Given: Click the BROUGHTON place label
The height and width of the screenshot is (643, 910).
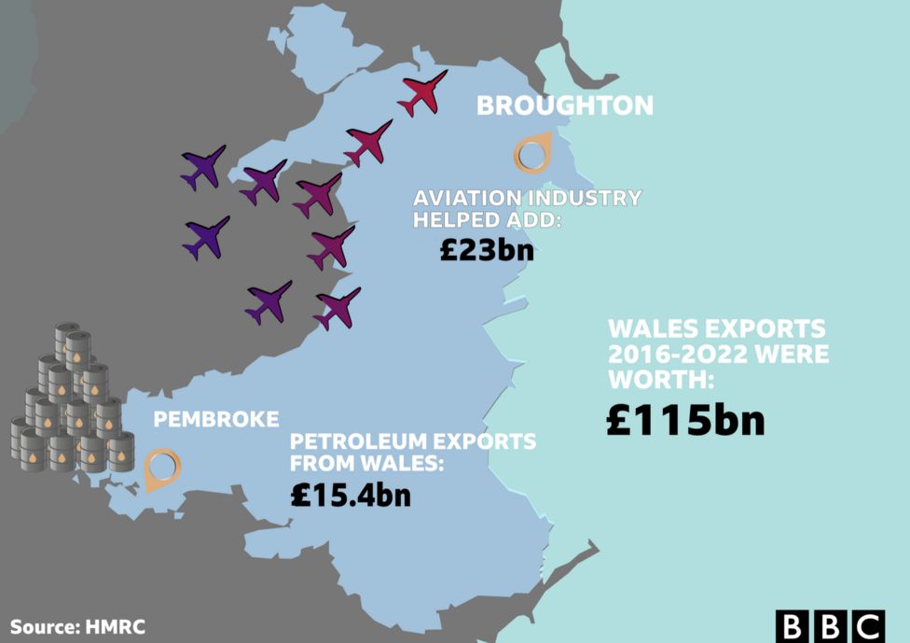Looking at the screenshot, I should click(x=564, y=105).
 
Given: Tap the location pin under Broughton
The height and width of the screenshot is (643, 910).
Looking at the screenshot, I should click(x=531, y=155).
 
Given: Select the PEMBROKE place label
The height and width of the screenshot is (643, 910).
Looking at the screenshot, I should click(x=215, y=419).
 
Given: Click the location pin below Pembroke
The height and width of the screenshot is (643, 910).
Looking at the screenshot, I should click(x=162, y=468).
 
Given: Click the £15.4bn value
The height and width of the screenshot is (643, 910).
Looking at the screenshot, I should click(x=350, y=495).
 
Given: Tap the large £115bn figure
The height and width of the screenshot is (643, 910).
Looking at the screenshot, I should click(x=685, y=419).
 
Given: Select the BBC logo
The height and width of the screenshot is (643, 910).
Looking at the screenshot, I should click(x=829, y=626).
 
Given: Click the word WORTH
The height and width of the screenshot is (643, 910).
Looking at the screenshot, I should click(x=657, y=380).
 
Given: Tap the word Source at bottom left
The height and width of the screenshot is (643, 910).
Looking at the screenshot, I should click(x=42, y=626).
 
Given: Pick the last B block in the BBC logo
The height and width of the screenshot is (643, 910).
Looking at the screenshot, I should click(x=829, y=626).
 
